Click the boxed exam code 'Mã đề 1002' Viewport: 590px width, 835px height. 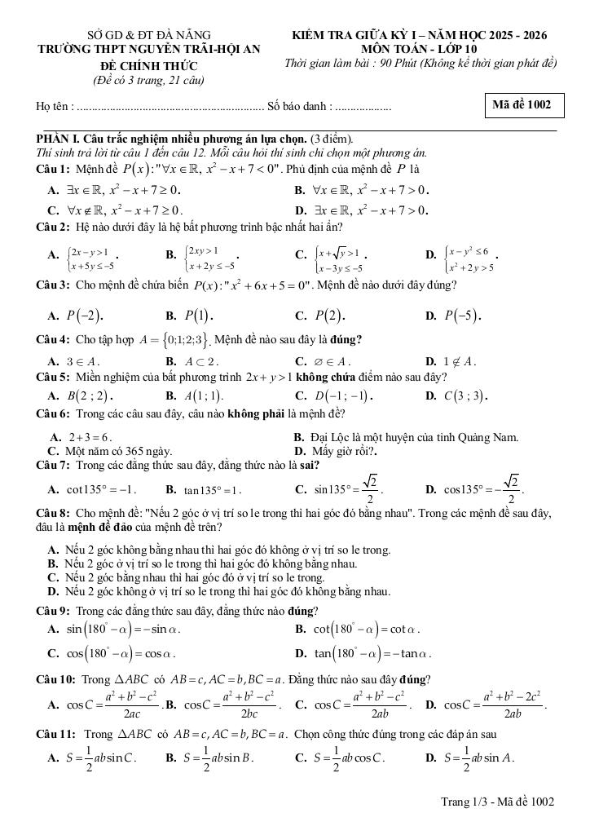[522, 104]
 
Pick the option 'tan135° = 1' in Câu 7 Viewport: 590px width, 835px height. [211, 490]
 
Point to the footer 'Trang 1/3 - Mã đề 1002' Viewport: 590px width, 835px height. [497, 802]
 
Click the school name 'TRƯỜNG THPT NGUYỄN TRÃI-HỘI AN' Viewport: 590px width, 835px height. [149, 49]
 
